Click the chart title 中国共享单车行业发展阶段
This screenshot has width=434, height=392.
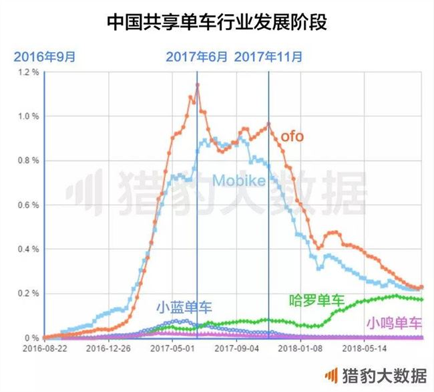point(217,21)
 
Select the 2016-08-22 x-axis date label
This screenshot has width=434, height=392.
point(43,349)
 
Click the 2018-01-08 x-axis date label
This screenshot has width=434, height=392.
point(302,349)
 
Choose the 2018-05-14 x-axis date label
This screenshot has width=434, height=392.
point(366,349)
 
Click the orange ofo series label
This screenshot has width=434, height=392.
point(292,136)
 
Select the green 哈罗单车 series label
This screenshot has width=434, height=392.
point(315,299)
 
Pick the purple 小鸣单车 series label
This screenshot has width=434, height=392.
point(394,323)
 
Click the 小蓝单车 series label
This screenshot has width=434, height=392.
point(184,307)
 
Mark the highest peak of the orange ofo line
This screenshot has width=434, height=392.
point(197,84)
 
